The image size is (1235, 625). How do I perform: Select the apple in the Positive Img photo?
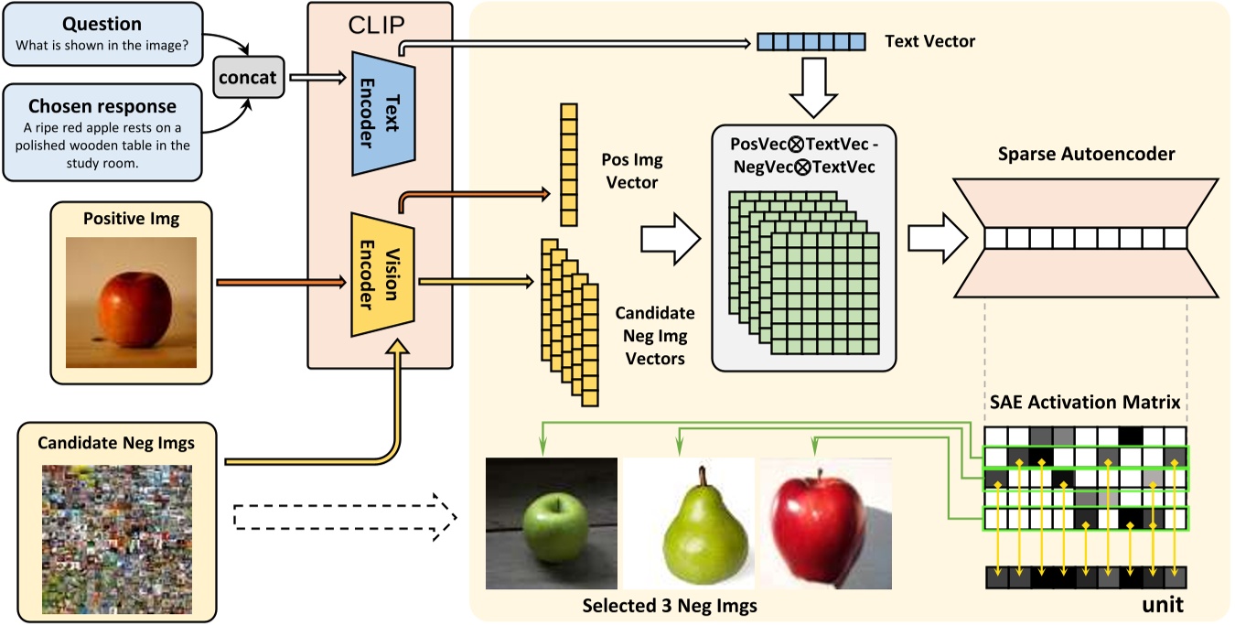[x=135, y=302]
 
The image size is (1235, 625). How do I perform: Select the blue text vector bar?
[x=811, y=42]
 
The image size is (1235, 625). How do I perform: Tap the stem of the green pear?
[x=703, y=477]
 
